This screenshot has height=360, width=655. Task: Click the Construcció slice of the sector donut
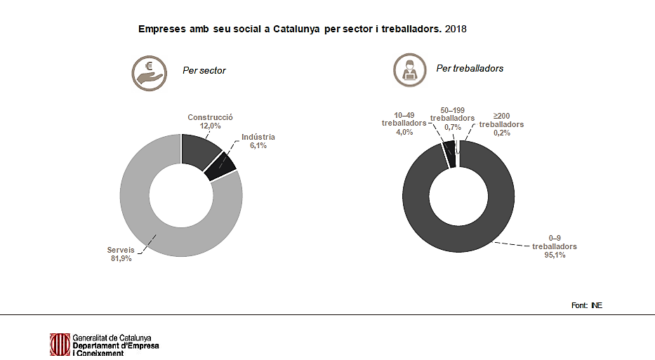tap(199, 152)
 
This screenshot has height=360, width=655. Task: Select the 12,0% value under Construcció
tap(210, 126)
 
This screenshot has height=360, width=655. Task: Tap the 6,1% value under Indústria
tap(258, 146)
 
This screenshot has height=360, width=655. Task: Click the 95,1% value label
tap(554, 255)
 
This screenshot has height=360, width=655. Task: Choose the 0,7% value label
tap(452, 127)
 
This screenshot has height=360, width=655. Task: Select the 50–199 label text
tap(452, 110)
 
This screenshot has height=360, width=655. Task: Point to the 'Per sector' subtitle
tap(204, 71)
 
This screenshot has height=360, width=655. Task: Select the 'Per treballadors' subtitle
tap(470, 68)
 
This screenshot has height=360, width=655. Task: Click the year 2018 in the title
tap(456, 29)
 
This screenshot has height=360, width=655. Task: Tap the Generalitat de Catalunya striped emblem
tap(59, 344)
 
